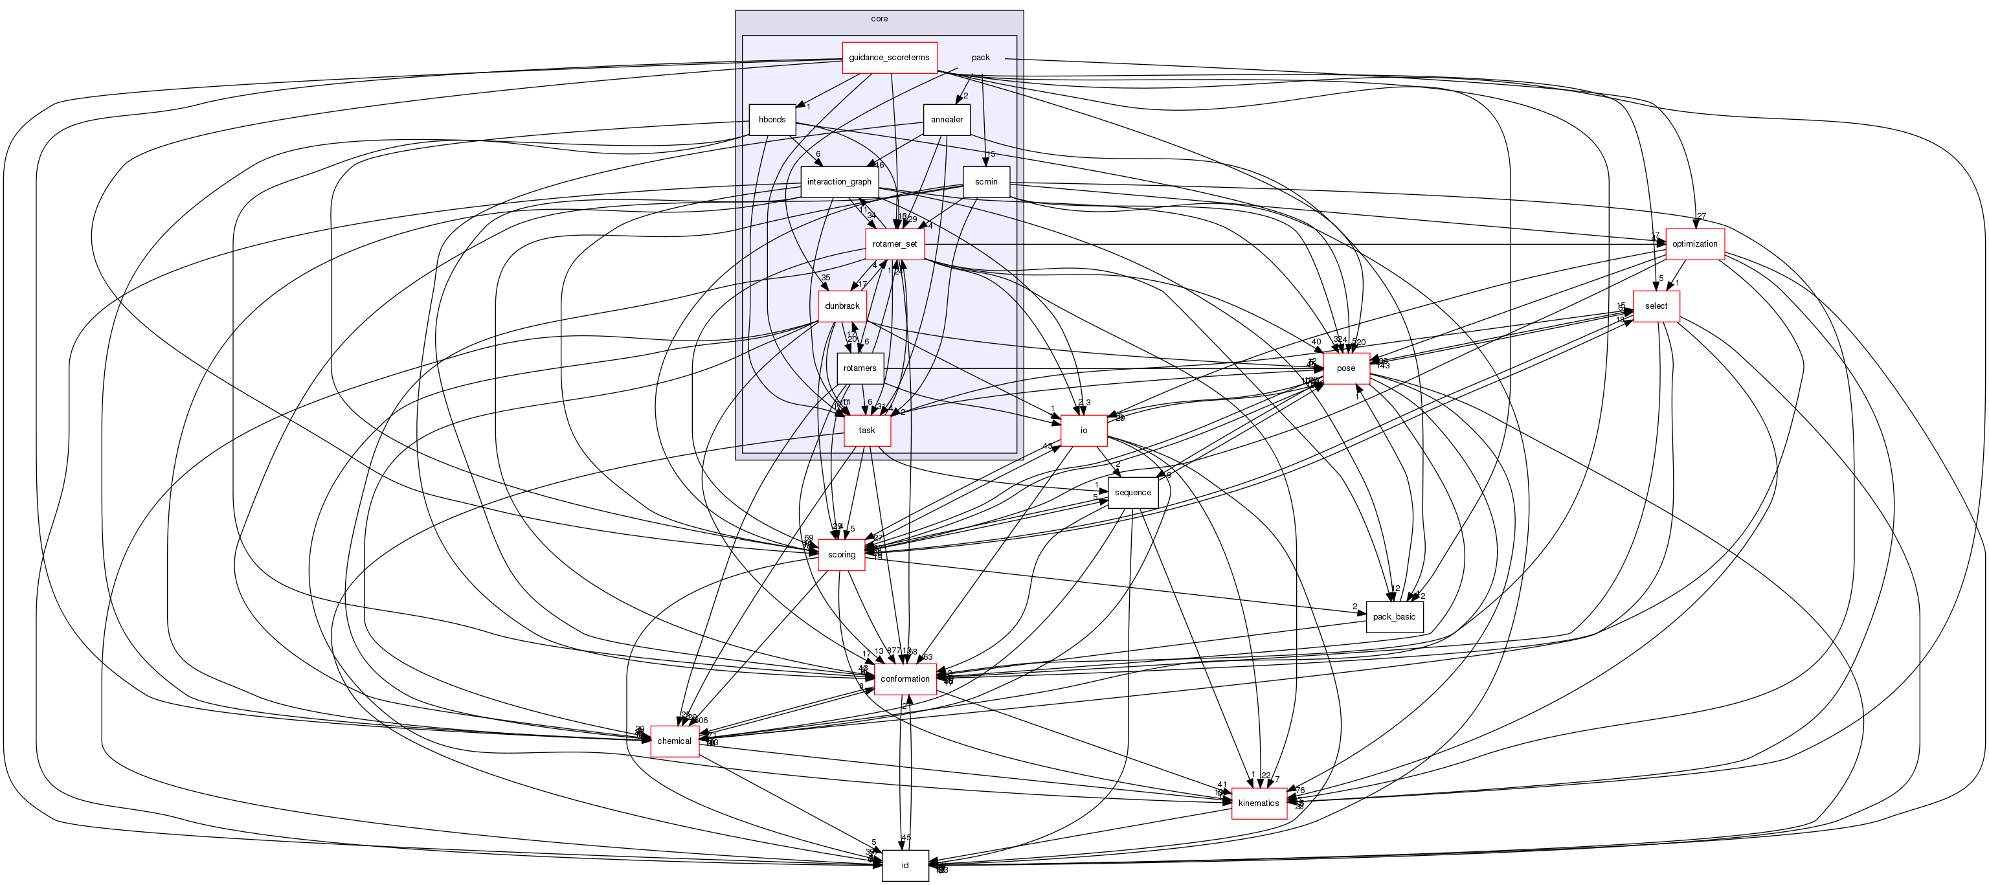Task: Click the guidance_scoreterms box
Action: click(889, 58)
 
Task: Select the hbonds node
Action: click(772, 120)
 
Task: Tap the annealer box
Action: click(947, 120)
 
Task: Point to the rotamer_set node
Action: click(894, 244)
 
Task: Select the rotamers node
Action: click(859, 368)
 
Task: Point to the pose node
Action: click(1346, 368)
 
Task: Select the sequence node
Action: click(1132, 493)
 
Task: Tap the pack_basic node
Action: click(1394, 617)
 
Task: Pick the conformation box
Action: click(905, 680)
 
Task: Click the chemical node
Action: click(674, 741)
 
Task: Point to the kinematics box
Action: click(1259, 803)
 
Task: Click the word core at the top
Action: click(879, 19)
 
